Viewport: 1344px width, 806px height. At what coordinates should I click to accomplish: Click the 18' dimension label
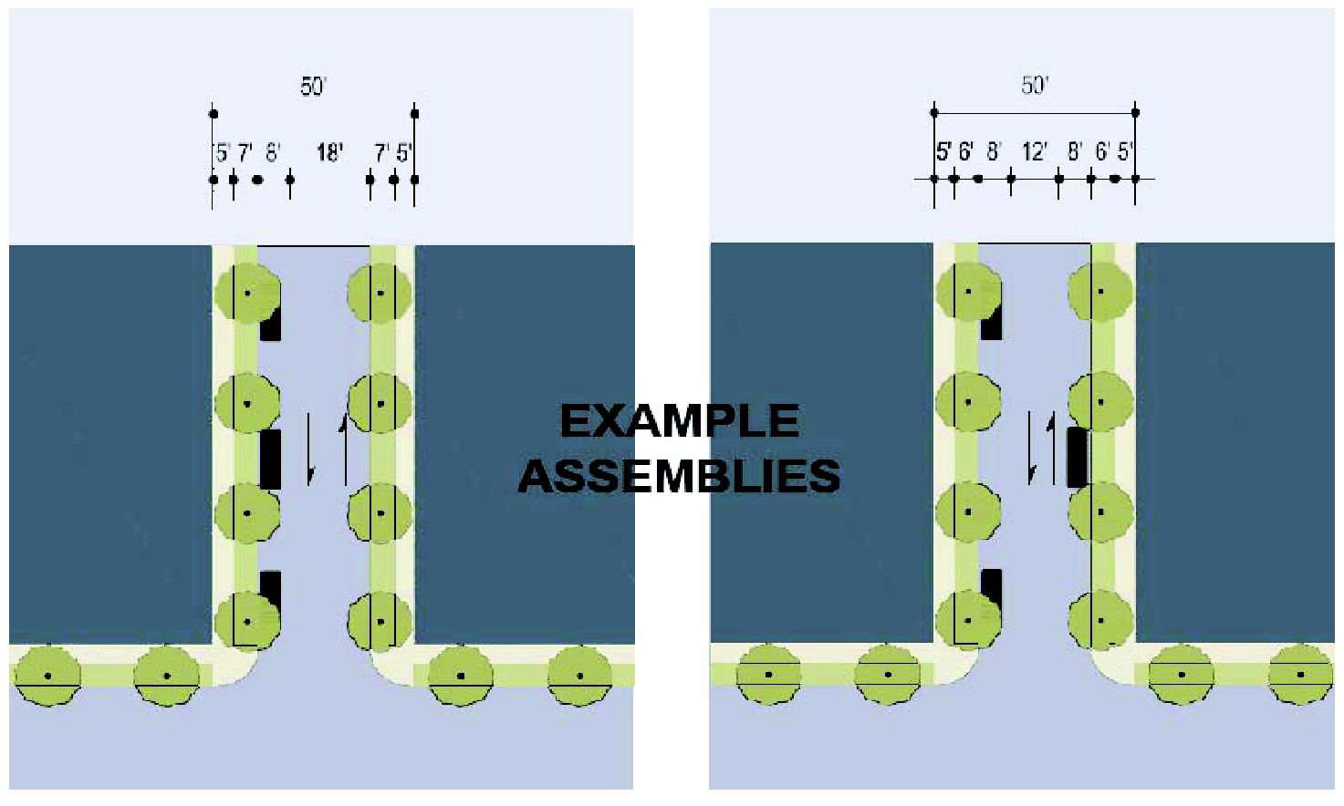click(x=329, y=153)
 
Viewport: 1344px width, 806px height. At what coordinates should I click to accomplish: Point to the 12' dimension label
click(x=1034, y=151)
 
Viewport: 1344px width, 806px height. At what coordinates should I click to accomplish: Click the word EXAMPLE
click(x=680, y=421)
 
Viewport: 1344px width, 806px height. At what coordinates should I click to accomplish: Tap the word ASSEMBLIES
click(x=679, y=476)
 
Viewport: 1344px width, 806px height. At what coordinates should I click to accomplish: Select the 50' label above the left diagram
click(x=313, y=87)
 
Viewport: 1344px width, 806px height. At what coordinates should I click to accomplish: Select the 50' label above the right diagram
click(x=1034, y=86)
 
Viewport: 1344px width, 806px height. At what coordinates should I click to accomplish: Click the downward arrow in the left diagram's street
click(x=309, y=448)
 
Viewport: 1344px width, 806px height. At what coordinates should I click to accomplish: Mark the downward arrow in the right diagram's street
click(x=1031, y=448)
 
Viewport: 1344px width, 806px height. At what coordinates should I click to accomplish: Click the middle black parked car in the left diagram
click(x=270, y=460)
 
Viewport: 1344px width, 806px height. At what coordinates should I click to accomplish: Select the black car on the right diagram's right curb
click(x=1078, y=457)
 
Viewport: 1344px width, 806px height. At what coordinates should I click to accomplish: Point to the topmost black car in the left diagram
click(x=270, y=324)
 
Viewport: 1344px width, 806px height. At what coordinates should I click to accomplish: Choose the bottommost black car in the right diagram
click(x=991, y=585)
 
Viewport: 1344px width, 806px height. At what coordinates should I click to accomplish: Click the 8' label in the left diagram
click(x=273, y=153)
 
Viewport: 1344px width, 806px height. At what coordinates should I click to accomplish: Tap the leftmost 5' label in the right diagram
click(x=943, y=151)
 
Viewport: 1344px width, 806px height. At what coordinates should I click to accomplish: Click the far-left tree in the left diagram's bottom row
click(x=47, y=676)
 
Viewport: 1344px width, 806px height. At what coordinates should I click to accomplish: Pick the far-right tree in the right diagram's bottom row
click(x=1301, y=674)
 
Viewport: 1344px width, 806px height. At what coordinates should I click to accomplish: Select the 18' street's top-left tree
click(x=247, y=293)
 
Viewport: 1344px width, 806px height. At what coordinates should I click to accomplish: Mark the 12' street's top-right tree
click(x=1100, y=292)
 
